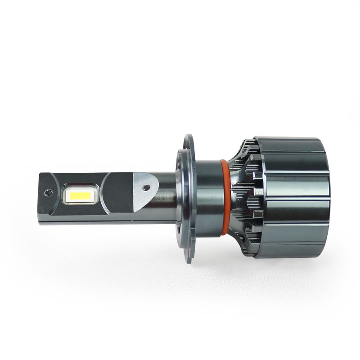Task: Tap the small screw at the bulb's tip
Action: pyautogui.click(x=49, y=192)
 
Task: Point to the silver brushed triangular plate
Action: pyautogui.click(x=145, y=191)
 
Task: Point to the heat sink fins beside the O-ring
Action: pyautogui.click(x=243, y=198)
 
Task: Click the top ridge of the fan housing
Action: pyautogui.click(x=288, y=139)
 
